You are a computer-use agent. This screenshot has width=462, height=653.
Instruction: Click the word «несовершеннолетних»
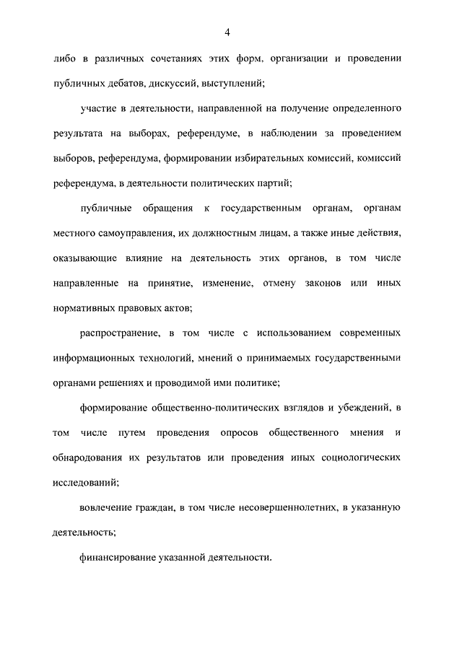tap(284, 509)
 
